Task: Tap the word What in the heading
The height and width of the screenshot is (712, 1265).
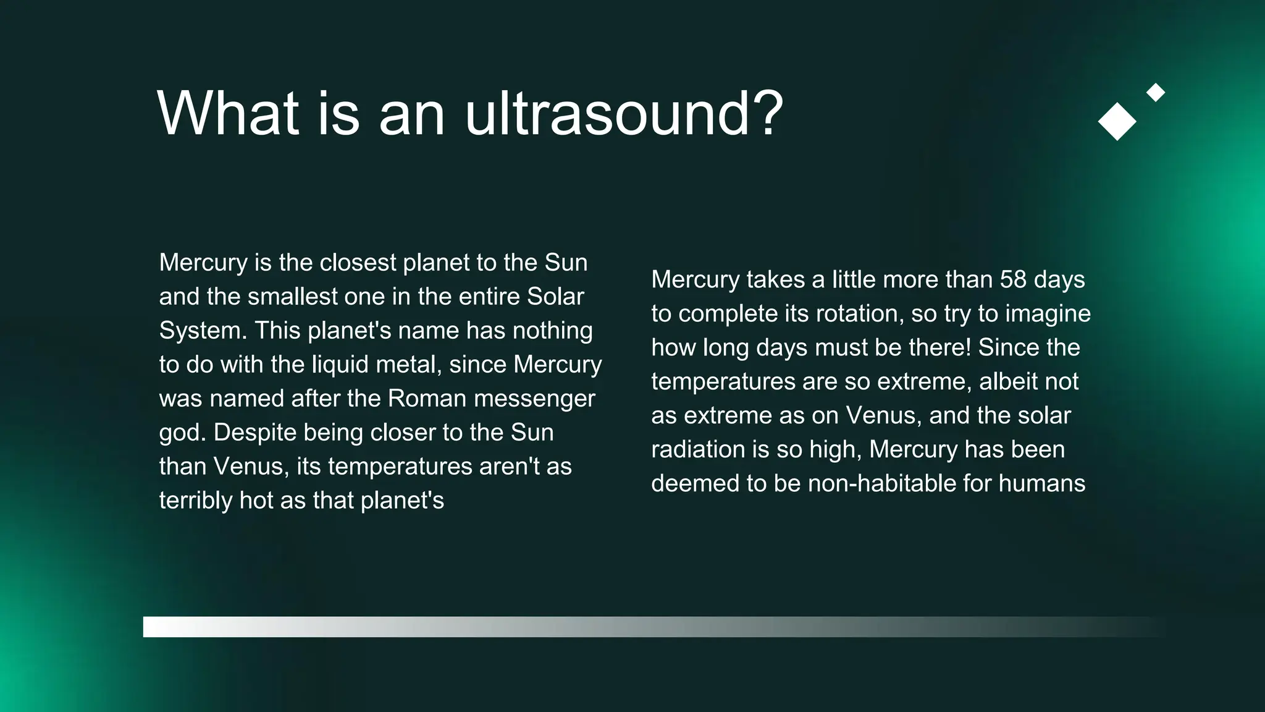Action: coord(228,113)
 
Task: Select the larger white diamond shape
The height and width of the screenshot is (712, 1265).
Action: coord(1117,121)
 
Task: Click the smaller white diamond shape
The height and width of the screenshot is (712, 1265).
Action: coord(1155,93)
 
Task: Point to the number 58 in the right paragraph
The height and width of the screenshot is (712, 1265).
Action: coord(1013,279)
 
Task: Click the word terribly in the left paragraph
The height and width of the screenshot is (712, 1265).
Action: coord(196,501)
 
